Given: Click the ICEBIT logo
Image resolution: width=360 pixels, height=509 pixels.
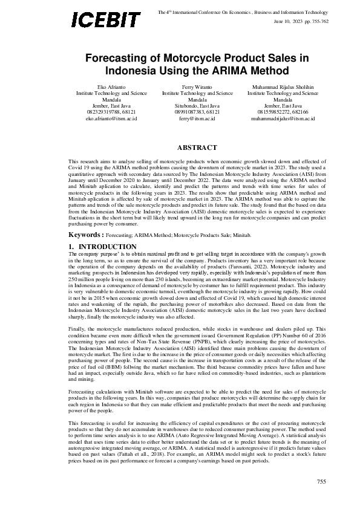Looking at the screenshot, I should coord(106,19).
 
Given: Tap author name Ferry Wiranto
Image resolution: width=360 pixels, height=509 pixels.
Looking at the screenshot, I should coord(197,88).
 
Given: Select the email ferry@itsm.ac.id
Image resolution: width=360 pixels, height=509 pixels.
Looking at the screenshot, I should coord(197,118).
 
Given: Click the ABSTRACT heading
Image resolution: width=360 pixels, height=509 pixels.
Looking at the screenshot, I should coord(197,148).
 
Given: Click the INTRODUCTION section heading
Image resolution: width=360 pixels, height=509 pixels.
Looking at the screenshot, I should coord(108,230).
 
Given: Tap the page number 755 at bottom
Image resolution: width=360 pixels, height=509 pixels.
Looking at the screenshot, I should coord(322,481).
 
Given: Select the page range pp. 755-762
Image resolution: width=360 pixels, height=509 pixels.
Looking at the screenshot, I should coord(317,21).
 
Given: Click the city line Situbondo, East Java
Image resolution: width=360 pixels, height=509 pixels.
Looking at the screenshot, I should coord(197,106).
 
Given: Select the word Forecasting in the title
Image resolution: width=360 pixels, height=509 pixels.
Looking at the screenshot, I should coord(114,58).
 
